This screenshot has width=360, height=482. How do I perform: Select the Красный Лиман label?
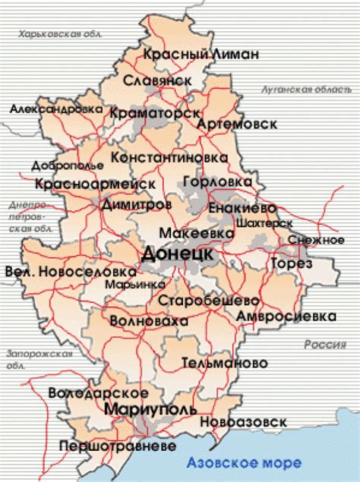pyautogui.click(x=201, y=54)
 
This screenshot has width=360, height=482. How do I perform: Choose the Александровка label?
pyautogui.click(x=56, y=109)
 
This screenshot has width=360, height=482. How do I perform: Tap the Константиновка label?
pyautogui.click(x=169, y=157)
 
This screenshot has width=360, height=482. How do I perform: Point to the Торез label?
pyautogui.click(x=291, y=263)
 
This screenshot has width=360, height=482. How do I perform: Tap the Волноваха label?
pyautogui.click(x=149, y=322)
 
